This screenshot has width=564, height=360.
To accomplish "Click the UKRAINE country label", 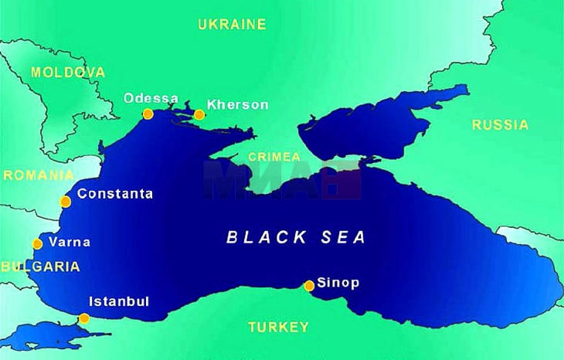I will (232, 24).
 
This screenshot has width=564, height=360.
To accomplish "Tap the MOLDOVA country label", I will (68, 72).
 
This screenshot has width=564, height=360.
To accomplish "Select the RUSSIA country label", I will (501, 124).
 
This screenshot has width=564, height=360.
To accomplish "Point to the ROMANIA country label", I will (39, 175).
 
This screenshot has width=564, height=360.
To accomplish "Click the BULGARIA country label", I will (40, 267).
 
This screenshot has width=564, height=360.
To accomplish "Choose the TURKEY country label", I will (278, 327).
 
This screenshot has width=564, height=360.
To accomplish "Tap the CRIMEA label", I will (275, 157).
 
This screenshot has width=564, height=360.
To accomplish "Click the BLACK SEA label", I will (296, 237).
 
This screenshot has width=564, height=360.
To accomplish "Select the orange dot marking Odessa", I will (148, 114).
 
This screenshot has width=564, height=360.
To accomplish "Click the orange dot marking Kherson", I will (199, 115).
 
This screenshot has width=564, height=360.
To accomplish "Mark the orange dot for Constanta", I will (66, 202).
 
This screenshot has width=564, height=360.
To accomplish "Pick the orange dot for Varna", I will (37, 244).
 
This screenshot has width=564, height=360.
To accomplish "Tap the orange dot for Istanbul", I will (84, 318).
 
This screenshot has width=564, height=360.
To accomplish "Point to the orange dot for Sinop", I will (309, 285).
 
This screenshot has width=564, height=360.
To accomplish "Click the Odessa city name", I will (151, 99).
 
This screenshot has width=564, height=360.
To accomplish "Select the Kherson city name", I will (238, 105).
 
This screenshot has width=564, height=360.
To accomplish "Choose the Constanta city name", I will (115, 194).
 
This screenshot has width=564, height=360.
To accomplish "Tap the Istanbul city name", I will (119, 301).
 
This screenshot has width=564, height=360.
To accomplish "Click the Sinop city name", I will (338, 283).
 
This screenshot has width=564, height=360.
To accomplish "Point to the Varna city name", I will (70, 242).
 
